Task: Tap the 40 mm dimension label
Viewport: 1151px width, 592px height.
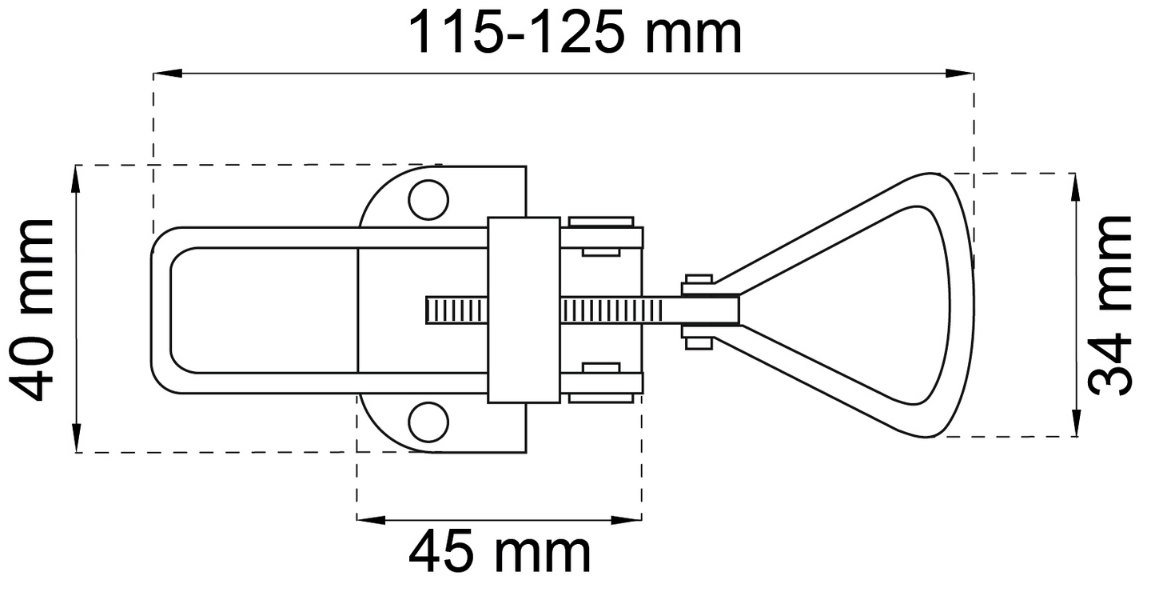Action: point(32,310)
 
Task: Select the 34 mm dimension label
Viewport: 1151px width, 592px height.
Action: point(1110,306)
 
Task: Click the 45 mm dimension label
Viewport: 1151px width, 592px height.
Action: point(500,552)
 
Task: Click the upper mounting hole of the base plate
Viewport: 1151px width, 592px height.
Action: point(428,200)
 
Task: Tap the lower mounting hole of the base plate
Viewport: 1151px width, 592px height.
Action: point(428,422)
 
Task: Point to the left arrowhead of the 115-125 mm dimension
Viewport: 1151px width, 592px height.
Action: point(168,74)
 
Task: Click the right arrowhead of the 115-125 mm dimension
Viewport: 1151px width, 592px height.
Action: point(959,74)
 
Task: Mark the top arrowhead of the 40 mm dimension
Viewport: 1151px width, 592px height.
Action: point(76,179)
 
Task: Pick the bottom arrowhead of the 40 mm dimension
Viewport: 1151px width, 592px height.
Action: point(76,438)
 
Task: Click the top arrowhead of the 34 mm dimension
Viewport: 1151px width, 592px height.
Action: point(1076,188)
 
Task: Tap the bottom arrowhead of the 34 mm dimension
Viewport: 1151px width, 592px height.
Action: point(1076,422)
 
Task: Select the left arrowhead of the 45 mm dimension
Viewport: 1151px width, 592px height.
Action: point(371,520)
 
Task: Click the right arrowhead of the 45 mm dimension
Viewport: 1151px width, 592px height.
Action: point(627,520)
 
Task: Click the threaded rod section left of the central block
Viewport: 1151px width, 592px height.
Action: point(457,310)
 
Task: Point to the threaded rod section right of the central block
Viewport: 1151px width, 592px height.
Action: point(611,310)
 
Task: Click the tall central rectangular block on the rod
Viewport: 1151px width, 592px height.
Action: point(524,310)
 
